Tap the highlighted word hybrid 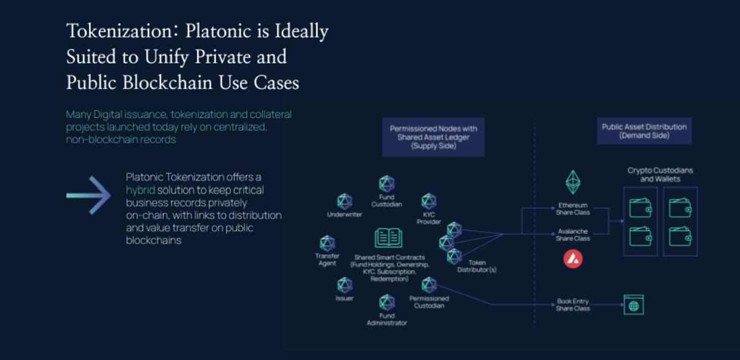click(x=140, y=190)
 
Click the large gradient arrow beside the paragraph click(x=88, y=195)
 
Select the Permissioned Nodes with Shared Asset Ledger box click(x=433, y=137)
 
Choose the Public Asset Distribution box click(x=644, y=131)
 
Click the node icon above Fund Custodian click(x=387, y=183)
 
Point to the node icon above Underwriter click(x=345, y=202)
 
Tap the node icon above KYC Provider click(x=429, y=201)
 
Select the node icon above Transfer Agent click(x=327, y=243)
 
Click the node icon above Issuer click(x=345, y=284)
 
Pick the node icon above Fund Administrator click(x=387, y=302)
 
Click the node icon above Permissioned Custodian click(x=429, y=284)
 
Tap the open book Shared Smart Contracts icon click(x=388, y=238)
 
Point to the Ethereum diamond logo click(x=573, y=182)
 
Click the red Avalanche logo click(x=573, y=259)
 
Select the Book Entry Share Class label click(x=573, y=305)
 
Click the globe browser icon click(x=634, y=305)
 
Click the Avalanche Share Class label click(x=573, y=235)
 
